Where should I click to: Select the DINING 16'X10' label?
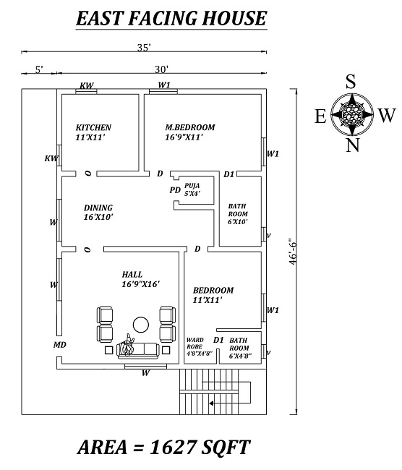pos(98,211)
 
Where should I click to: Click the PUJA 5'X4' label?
pos(192,189)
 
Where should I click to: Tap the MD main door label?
pos(60,345)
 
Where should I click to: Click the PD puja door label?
pos(174,190)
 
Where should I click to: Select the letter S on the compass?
pos(351,82)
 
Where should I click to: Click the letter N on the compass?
pos(352,145)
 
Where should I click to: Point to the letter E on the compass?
pos(320,116)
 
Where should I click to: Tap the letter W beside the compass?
pos(387,115)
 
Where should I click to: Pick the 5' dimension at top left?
pos(39,69)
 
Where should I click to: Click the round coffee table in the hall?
pos(140,323)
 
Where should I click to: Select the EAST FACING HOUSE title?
pos(171,18)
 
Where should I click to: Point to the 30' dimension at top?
pos(161,69)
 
